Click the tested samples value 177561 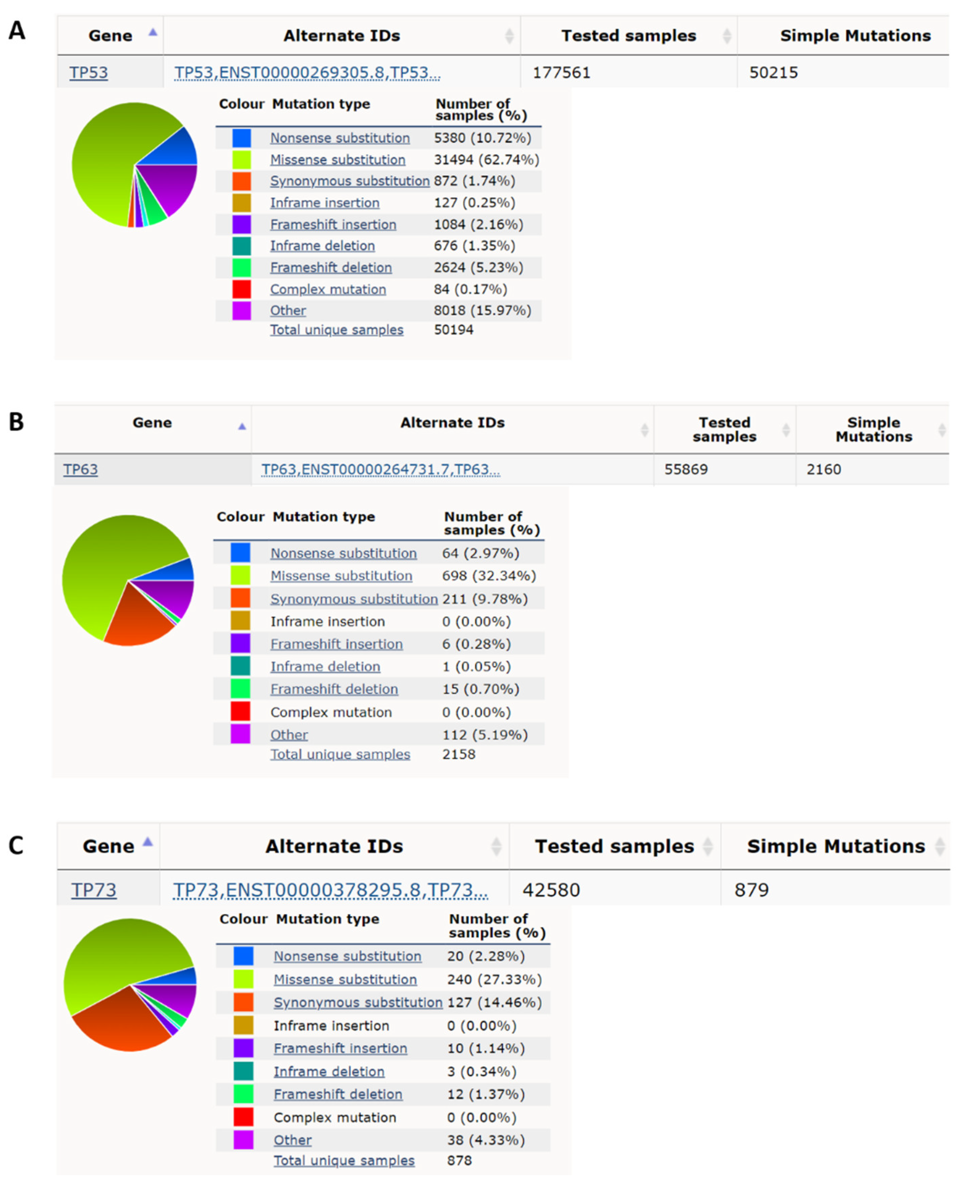[x=561, y=72]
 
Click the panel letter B [x=16, y=422]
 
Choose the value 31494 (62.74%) [x=486, y=159]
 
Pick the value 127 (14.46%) [x=494, y=1002]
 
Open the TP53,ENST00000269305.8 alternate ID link [x=307, y=72]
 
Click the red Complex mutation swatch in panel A [x=242, y=289]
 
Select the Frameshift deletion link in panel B [x=334, y=689]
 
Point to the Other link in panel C [x=293, y=1140]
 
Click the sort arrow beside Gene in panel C [x=147, y=842]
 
